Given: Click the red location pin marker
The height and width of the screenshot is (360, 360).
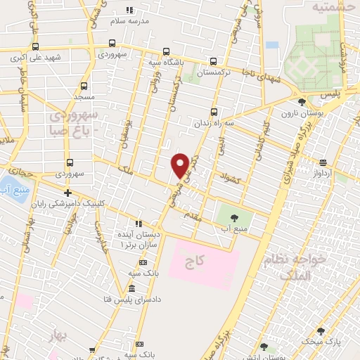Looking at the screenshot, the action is (180, 165).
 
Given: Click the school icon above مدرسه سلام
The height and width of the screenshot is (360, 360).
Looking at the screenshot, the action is (129, 10).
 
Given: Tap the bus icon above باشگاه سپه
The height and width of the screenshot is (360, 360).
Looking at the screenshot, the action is (166, 51).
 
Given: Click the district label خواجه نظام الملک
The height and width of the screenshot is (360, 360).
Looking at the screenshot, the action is (295, 268).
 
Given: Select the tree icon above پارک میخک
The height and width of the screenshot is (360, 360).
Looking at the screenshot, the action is (321, 330).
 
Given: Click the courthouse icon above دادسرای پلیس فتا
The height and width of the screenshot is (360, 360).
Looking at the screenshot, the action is (131, 289).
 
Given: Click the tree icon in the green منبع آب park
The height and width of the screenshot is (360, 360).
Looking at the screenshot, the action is (233, 216).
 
